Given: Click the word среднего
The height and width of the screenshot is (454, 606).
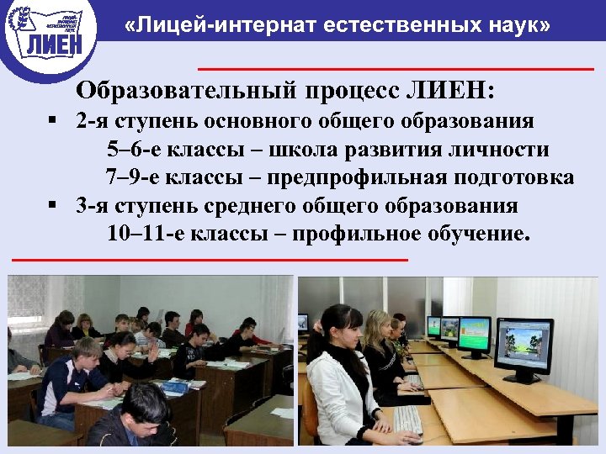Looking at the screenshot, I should tap(253, 205).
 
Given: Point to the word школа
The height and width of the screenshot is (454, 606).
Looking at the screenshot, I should tap(300, 150).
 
